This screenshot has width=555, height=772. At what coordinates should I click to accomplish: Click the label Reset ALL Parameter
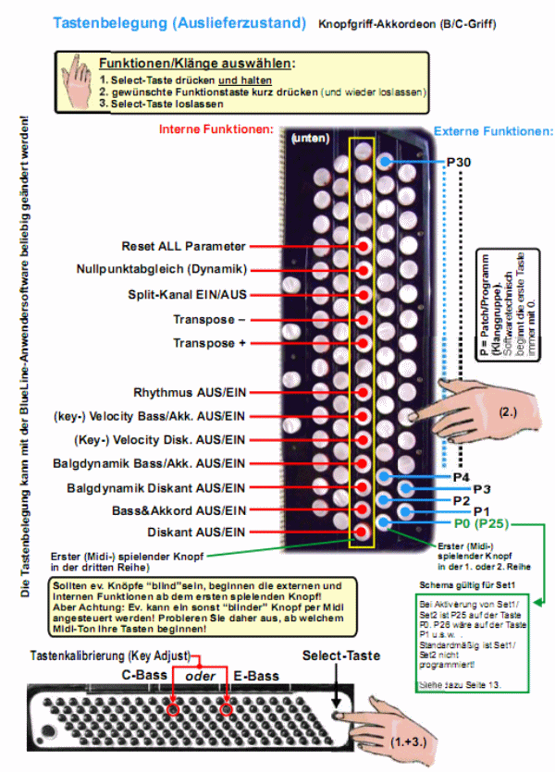(x=183, y=247)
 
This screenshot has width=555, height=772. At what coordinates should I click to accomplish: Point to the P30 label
(x=459, y=162)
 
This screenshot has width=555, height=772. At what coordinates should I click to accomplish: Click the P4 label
(x=462, y=477)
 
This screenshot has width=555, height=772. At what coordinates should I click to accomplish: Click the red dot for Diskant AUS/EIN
(x=364, y=533)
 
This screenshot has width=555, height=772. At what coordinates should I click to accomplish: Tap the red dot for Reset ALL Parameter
(x=364, y=247)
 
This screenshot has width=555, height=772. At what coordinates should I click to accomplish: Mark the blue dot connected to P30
(x=385, y=162)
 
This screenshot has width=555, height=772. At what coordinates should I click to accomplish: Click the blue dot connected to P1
(x=404, y=510)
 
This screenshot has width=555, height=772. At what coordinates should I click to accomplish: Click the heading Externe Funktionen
(x=493, y=130)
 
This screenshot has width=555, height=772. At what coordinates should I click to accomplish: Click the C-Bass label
(x=145, y=675)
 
